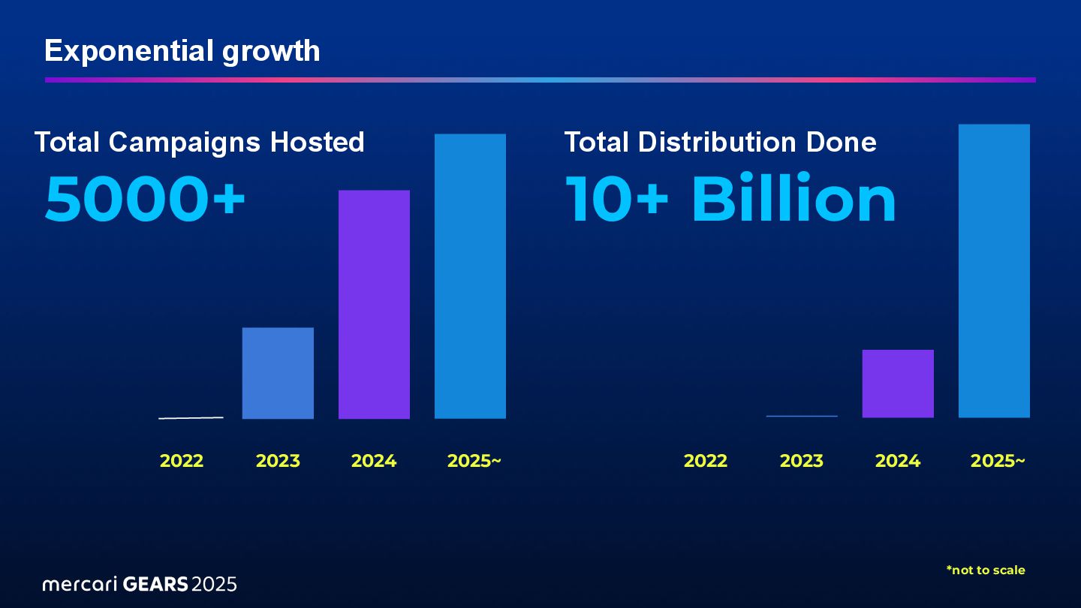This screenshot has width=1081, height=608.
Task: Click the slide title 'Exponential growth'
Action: [182, 51]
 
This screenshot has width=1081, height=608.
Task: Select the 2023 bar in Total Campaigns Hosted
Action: [278, 373]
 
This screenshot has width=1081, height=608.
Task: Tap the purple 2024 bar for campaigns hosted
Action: [374, 304]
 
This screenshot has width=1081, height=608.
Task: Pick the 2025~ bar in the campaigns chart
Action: [470, 275]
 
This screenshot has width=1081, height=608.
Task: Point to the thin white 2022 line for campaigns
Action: [191, 417]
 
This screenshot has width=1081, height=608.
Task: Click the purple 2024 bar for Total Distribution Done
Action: [898, 384]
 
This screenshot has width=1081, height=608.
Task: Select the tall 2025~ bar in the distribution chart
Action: [994, 270]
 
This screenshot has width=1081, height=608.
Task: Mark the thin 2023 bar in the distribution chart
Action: [802, 416]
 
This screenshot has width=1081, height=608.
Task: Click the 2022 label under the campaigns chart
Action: [182, 461]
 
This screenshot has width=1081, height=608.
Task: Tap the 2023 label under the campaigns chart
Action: [278, 461]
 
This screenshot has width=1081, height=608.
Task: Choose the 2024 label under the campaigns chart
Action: [374, 461]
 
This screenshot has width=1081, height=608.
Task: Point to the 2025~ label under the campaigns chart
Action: [474, 461]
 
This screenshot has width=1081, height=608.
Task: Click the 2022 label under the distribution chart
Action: [706, 461]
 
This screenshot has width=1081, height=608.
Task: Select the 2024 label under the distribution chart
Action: [898, 461]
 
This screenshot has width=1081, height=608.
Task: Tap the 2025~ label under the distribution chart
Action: [998, 461]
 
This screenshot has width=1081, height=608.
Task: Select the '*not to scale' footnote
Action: [986, 570]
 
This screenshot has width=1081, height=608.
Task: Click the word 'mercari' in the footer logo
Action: [80, 584]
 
